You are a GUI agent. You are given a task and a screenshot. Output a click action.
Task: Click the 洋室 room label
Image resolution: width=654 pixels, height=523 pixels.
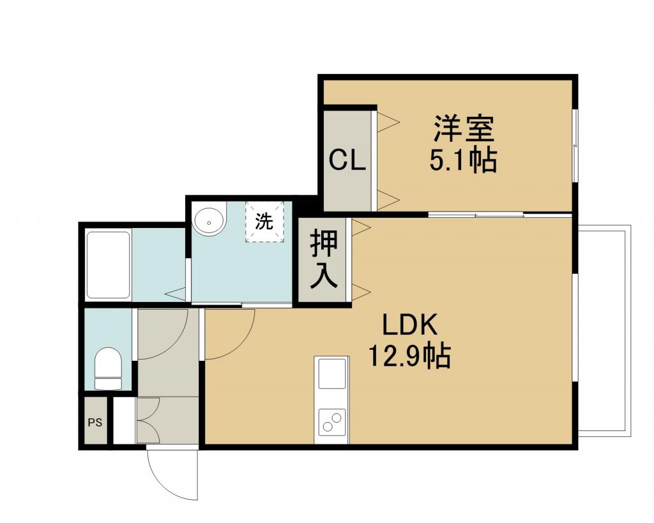click(464, 129)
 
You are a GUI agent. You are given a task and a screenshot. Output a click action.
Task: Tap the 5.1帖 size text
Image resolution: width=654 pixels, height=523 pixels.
click(463, 160)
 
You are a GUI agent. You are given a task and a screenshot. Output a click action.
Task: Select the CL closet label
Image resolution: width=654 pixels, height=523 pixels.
click(347, 160)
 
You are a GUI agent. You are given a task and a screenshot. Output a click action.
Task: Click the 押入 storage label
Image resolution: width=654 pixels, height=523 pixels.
click(324, 259)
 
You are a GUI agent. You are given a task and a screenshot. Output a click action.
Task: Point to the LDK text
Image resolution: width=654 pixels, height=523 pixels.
click(411, 326)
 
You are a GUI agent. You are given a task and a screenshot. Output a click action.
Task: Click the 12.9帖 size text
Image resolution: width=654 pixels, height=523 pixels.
click(409, 356)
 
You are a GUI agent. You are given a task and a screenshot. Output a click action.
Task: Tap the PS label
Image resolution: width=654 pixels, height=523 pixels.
click(95, 423)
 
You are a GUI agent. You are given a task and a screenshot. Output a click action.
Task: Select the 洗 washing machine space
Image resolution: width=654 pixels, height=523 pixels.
click(264, 222)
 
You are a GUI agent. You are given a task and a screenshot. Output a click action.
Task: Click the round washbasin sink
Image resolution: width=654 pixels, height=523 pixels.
click(209, 220)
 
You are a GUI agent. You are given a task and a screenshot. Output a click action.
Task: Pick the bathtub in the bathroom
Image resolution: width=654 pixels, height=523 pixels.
click(109, 265)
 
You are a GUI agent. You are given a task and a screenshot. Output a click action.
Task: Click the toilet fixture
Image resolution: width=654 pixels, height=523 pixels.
click(108, 368)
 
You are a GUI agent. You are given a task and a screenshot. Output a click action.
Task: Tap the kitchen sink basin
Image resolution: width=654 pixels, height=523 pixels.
click(332, 374)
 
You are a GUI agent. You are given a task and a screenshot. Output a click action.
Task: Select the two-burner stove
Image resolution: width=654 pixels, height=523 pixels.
click(332, 421)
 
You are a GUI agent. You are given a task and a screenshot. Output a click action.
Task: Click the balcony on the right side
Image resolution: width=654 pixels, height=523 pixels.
click(604, 331)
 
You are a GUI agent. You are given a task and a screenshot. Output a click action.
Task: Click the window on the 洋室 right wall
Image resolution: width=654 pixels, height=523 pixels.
click(575, 146)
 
